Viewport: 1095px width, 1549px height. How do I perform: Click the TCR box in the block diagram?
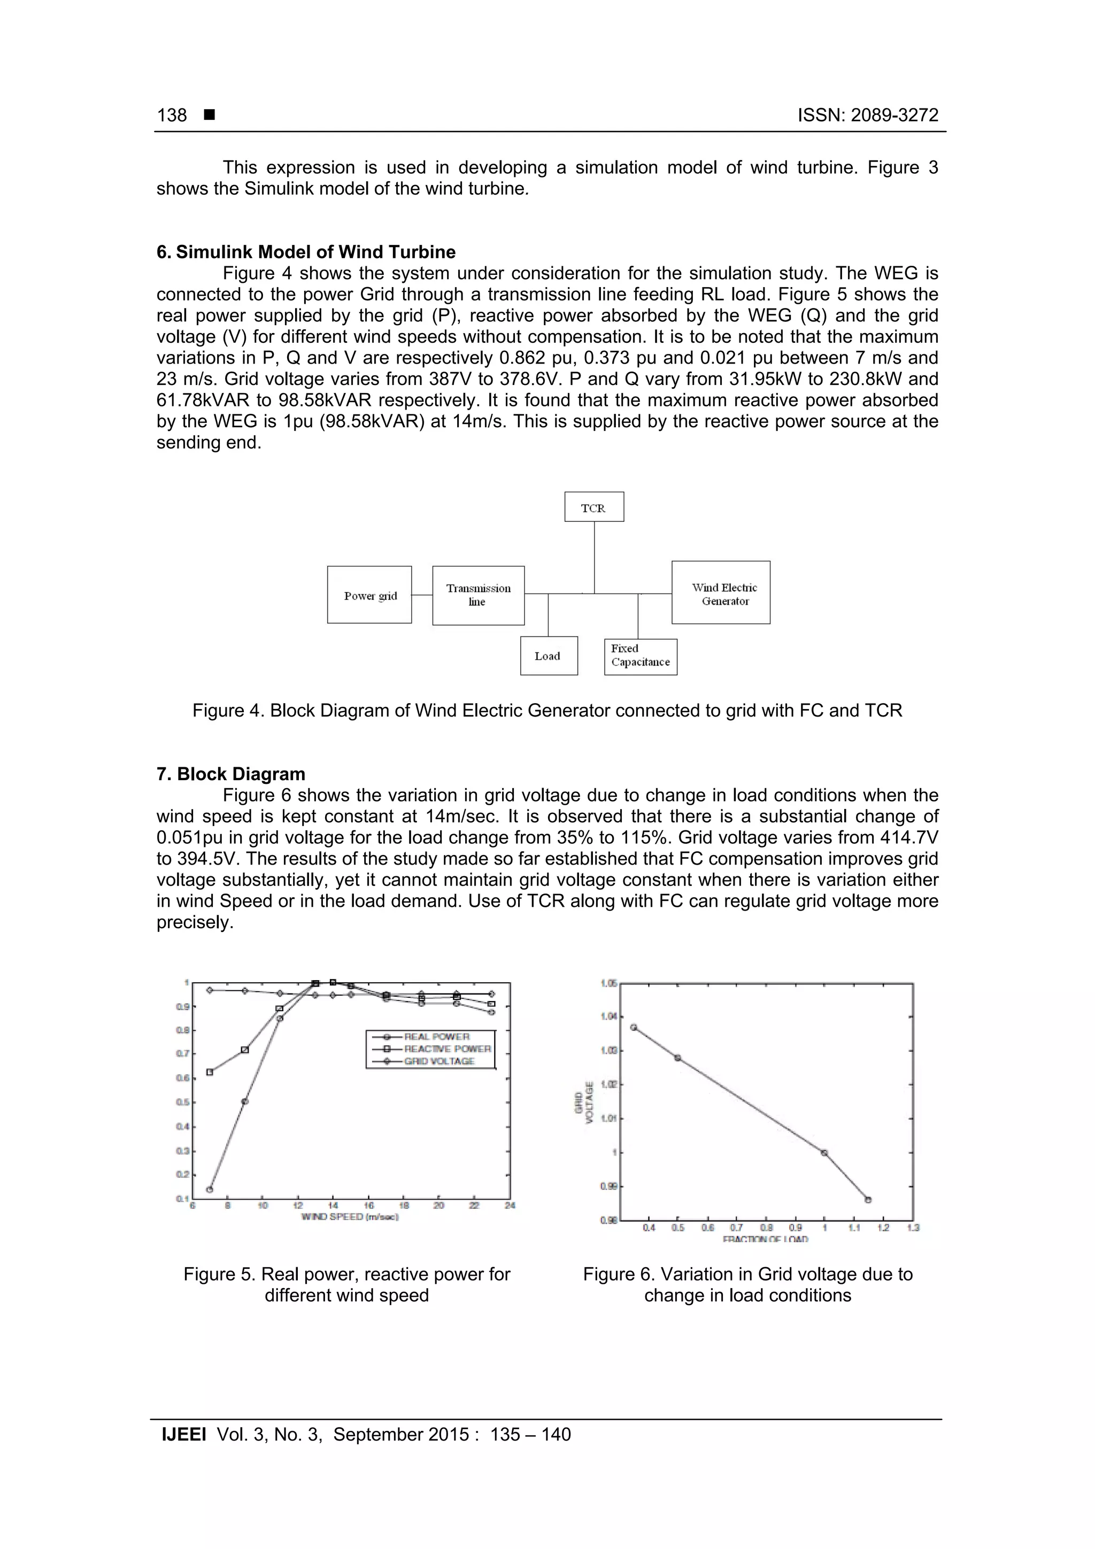tap(593, 507)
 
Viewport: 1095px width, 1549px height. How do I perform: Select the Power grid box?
tap(369, 595)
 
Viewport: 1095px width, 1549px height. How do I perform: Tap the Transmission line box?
tap(479, 595)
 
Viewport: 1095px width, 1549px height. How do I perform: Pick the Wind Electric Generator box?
tap(721, 593)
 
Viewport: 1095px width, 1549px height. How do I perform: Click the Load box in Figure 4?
tap(549, 656)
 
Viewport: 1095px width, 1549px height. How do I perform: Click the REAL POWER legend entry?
tap(436, 1037)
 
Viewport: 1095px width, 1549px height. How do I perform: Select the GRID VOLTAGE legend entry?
tap(438, 1061)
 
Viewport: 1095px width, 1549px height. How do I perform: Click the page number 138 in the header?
tap(172, 115)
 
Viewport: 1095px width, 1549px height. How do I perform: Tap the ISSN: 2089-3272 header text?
tap(868, 115)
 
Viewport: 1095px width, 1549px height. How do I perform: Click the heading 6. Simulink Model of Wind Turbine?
tap(306, 252)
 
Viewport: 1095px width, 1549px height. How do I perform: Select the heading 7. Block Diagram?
tap(231, 774)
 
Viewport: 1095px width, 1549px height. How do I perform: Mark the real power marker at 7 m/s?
tap(210, 1189)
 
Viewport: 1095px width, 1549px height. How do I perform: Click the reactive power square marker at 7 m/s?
tap(210, 1072)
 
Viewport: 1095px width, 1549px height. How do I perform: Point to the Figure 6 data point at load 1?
tap(824, 1153)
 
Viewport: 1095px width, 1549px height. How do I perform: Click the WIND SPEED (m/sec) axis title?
tap(350, 1216)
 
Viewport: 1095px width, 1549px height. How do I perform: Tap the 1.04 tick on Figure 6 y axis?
tap(609, 1016)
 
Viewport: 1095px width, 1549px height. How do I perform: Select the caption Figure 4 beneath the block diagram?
tap(547, 711)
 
